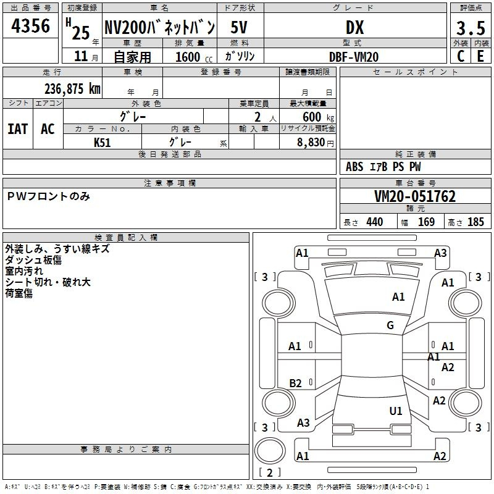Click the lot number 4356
pos(31,27)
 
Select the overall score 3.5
pos(470,28)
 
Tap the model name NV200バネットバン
pos(159,27)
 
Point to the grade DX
pos(354,28)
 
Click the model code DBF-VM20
pos(354,56)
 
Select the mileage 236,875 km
pos(72,88)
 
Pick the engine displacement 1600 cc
pos(189,57)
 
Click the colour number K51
pos(103,141)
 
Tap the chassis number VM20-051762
pos(415,196)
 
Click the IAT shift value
pos(17,128)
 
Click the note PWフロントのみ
pos(49,196)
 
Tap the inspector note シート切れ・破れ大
pos(48,282)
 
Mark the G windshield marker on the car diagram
pos(390,325)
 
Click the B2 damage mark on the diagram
pos(296,383)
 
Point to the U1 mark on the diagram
pos(396,411)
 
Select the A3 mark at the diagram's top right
pos(440,253)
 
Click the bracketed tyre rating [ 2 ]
pos(269,472)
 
